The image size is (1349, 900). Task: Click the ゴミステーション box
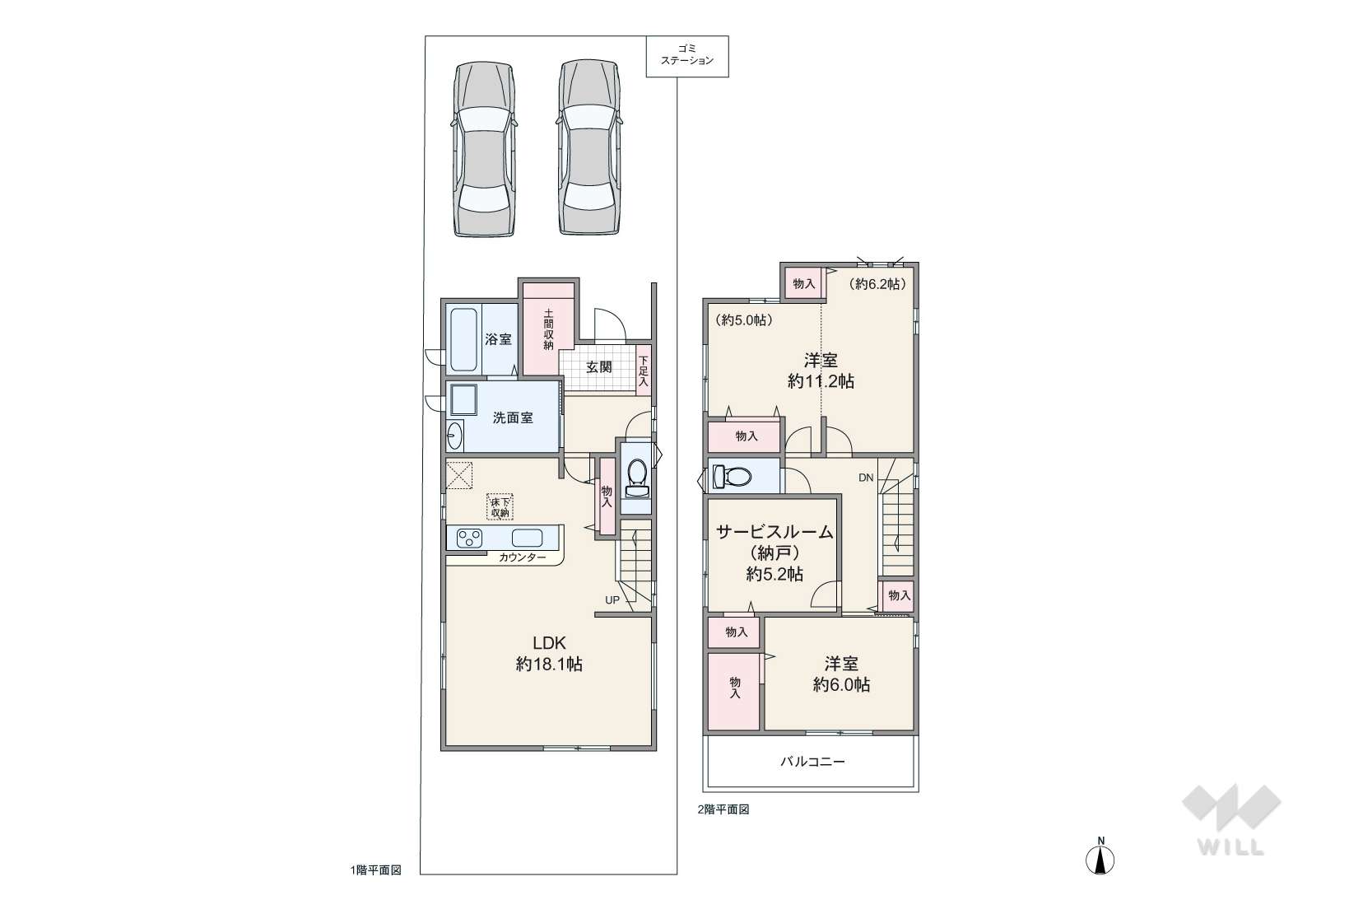point(687,56)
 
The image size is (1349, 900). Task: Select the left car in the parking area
point(484,148)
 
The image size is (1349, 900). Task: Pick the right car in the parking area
point(588,147)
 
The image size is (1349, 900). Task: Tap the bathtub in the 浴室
point(463,340)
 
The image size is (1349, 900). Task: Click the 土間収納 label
point(548,329)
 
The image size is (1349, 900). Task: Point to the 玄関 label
point(598,367)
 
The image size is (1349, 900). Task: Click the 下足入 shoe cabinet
point(644,370)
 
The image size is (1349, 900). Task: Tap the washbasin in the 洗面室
point(454,436)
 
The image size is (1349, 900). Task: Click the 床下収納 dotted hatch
point(500,507)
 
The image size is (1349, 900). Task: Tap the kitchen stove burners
point(469,538)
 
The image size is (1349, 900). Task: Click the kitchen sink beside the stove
point(527,537)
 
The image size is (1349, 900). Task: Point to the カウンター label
point(522,557)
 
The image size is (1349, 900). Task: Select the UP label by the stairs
point(612,600)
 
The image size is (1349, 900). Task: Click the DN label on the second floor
point(865,478)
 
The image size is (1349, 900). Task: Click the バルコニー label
point(812,762)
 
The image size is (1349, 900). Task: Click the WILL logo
point(1231,820)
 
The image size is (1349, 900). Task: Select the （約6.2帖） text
point(877,284)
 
